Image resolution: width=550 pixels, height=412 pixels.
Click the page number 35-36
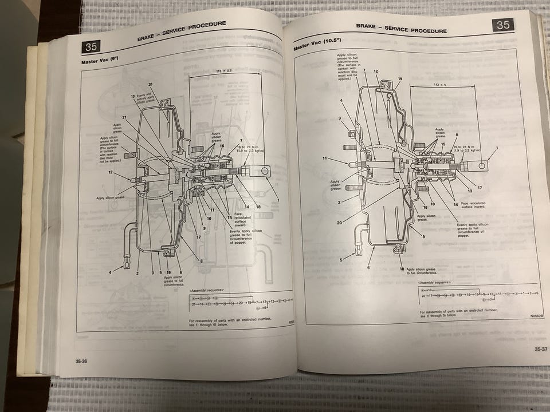point(81,361)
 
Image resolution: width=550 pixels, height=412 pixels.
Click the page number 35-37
point(540,348)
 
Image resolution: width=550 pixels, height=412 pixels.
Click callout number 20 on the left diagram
point(150,84)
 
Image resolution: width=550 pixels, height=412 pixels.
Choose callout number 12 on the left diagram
point(111,172)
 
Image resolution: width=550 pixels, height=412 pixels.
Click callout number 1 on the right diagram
point(497,148)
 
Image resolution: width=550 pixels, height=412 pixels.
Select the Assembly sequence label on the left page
point(207,291)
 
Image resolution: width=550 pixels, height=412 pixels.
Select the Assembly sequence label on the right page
point(434,283)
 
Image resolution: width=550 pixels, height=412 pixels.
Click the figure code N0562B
point(536,315)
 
